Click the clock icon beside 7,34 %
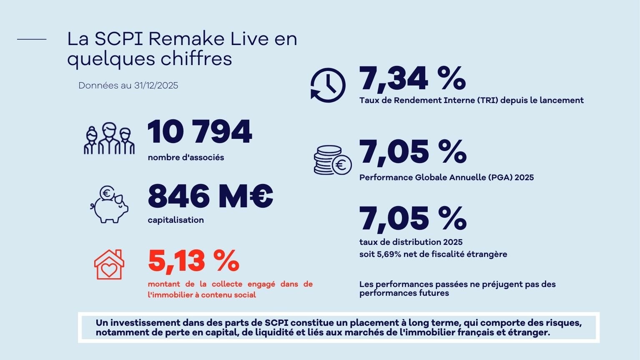[x=328, y=85]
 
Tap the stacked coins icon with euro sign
[x=332, y=160]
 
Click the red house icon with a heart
[x=109, y=265]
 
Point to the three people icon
[x=109, y=139]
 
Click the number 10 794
[x=200, y=132]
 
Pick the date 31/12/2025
[x=156, y=86]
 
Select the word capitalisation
[x=176, y=220]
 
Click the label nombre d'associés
[x=186, y=157]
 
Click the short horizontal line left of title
[x=32, y=39]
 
